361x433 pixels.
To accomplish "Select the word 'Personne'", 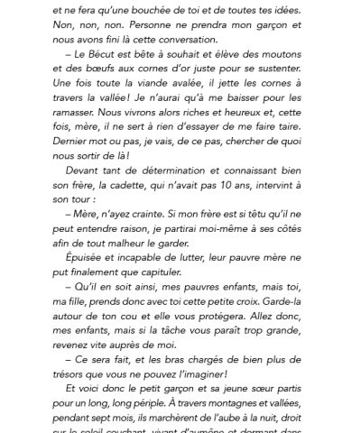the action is (139, 27).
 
